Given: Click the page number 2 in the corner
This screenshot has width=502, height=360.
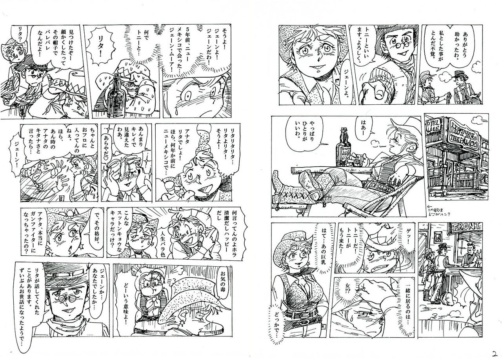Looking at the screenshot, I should pyautogui.click(x=495, y=353).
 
